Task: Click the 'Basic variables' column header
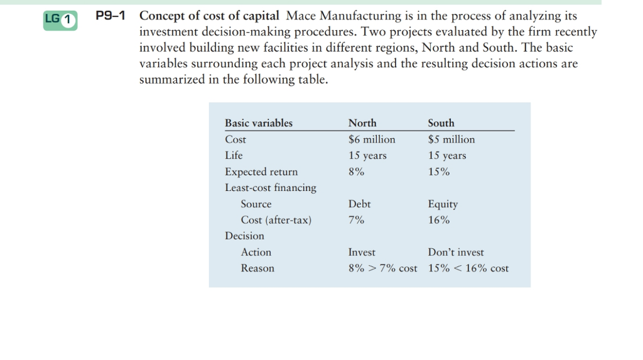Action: pyautogui.click(x=259, y=123)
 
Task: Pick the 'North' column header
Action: pyautogui.click(x=362, y=123)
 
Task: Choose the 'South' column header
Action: pyautogui.click(x=441, y=123)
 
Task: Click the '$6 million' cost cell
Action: pyautogui.click(x=372, y=139)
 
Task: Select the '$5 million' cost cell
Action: pyautogui.click(x=451, y=139)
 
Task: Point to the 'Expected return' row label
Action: pyautogui.click(x=261, y=172)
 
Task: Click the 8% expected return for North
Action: pyautogui.click(x=356, y=172)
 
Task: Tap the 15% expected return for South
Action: pyautogui.click(x=438, y=172)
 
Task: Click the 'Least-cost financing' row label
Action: pyautogui.click(x=271, y=188)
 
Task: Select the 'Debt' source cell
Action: pyautogui.click(x=359, y=204)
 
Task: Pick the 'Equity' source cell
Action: pyautogui.click(x=443, y=204)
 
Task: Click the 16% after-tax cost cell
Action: pyautogui.click(x=438, y=220)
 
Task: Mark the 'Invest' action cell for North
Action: pyautogui.click(x=362, y=252)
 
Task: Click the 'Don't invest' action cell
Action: pyautogui.click(x=456, y=252)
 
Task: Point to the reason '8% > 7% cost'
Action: pyautogui.click(x=382, y=268)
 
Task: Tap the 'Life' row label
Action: pyautogui.click(x=234, y=155)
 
